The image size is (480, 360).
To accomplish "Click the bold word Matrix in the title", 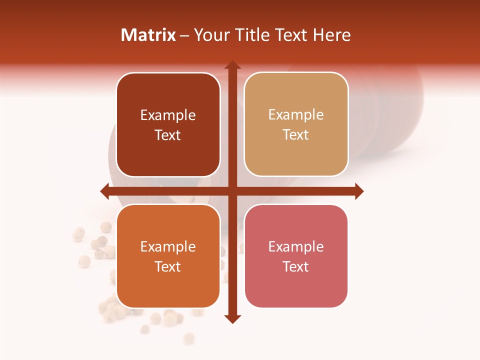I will pyautogui.click(x=148, y=35).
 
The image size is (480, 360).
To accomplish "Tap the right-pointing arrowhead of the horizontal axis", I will pyautogui.click(x=358, y=191).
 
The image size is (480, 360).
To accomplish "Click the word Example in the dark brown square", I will pyautogui.click(x=168, y=115).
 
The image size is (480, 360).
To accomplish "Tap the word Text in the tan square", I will pyautogui.click(x=296, y=135).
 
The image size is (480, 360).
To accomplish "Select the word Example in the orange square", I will pyautogui.click(x=168, y=247).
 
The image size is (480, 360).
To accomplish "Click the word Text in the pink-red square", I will pyautogui.click(x=296, y=266).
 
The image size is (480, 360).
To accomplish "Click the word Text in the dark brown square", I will pyautogui.click(x=168, y=135).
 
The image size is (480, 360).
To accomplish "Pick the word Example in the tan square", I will pyautogui.click(x=296, y=115).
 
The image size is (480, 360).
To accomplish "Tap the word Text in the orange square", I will pyautogui.click(x=168, y=266).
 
